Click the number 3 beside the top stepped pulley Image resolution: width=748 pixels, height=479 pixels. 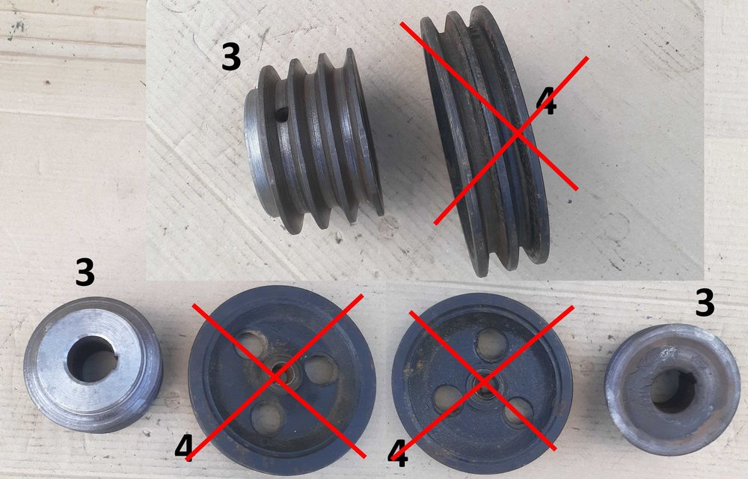tap(231, 57)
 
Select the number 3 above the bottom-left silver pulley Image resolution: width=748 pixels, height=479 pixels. tap(85, 272)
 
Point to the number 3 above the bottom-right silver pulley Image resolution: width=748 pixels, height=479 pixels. tap(705, 302)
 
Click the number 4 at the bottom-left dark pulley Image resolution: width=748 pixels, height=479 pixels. tap(184, 448)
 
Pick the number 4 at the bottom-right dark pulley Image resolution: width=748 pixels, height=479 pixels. tap(398, 454)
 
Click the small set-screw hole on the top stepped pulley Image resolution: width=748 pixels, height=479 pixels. tap(282, 114)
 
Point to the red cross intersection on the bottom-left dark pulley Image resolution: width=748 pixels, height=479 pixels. tap(277, 376)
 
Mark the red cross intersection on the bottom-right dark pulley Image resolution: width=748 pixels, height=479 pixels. tap(483, 382)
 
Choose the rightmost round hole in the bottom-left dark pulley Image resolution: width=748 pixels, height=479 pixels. tap(321, 369)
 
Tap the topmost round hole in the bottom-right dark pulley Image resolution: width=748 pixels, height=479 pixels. tap(492, 344)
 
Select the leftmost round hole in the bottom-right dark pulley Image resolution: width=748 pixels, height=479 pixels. tap(448, 398)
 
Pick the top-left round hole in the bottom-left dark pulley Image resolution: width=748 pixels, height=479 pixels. tap(251, 344)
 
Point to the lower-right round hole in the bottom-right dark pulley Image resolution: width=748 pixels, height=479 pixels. tap(518, 412)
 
